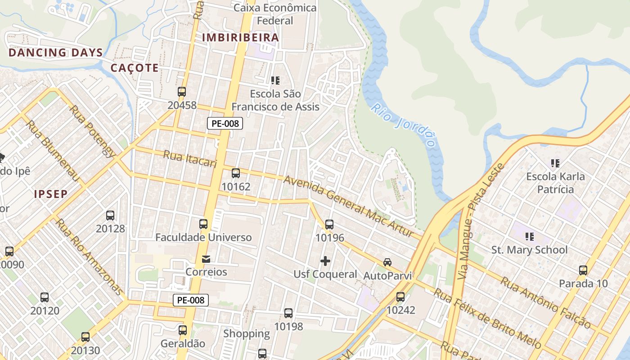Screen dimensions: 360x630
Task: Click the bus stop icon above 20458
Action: (182, 92)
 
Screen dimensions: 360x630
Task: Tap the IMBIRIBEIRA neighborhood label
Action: (241, 37)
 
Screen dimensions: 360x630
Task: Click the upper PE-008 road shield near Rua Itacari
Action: (225, 123)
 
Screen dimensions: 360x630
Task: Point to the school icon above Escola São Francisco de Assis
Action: (275, 81)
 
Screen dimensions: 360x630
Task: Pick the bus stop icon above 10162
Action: (236, 173)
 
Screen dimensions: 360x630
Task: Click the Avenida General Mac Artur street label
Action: (348, 207)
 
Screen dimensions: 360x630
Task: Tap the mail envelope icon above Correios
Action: (206, 259)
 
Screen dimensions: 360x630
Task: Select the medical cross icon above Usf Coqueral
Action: (325, 261)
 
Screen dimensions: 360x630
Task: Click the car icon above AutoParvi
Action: (387, 262)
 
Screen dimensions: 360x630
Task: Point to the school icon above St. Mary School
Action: (530, 236)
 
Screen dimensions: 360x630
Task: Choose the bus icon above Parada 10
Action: (583, 270)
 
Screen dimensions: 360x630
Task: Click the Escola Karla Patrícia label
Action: (556, 183)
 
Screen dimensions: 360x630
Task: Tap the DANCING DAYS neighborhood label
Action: (56, 53)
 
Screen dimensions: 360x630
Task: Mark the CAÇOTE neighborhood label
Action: (135, 68)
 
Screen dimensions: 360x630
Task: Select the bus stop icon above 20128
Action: (110, 215)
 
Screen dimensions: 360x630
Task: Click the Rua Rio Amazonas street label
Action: (89, 256)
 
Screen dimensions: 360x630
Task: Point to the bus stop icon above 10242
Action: (400, 297)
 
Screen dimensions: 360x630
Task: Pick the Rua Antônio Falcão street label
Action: (545, 303)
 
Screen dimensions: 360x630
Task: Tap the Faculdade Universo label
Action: (203, 237)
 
